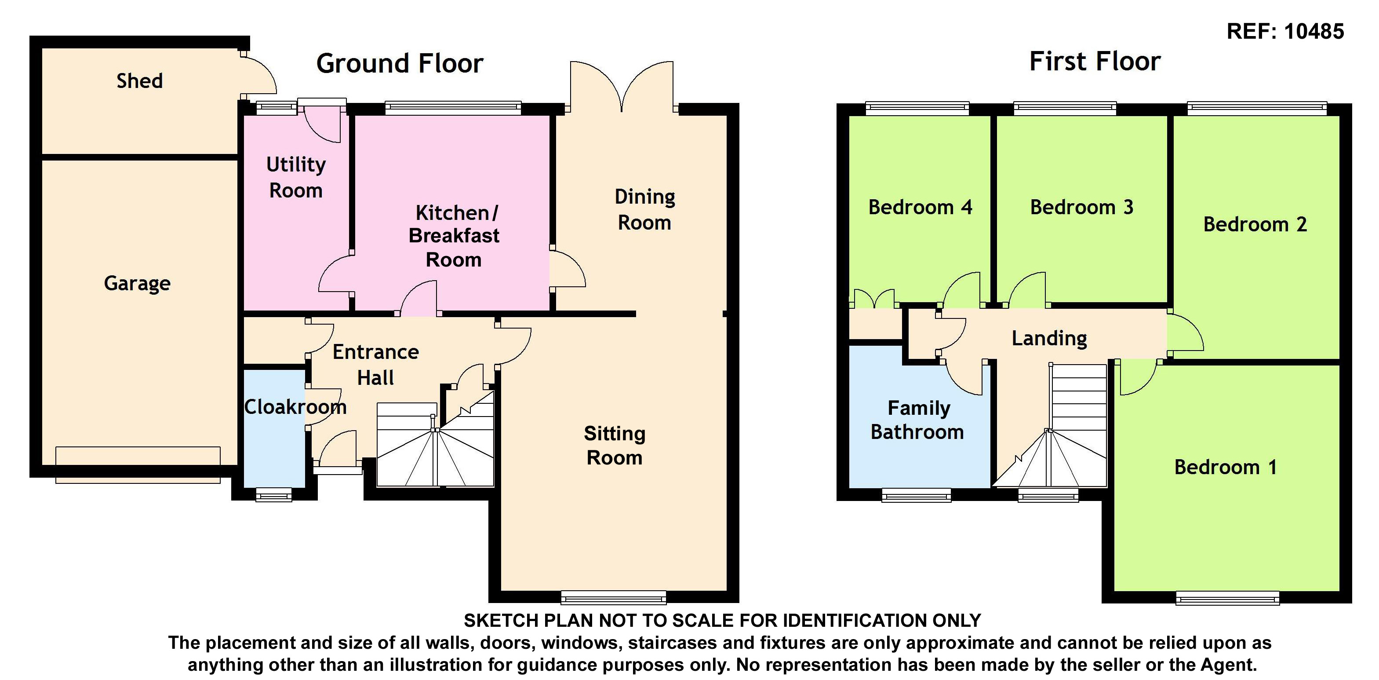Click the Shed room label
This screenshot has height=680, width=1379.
pyautogui.click(x=140, y=81)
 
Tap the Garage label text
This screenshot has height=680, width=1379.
pyautogui.click(x=137, y=283)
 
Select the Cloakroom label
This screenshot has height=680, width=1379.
pyautogui.click(x=295, y=407)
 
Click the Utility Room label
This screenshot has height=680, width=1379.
pyautogui.click(x=295, y=177)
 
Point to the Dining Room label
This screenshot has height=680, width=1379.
pyautogui.click(x=644, y=209)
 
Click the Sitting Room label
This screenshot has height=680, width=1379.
pyautogui.click(x=615, y=446)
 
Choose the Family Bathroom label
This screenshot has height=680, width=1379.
pyautogui.click(x=918, y=420)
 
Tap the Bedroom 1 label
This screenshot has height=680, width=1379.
pyautogui.click(x=1225, y=468)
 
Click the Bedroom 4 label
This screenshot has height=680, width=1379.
pyautogui.click(x=920, y=207)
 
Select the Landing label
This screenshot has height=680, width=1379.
pyautogui.click(x=1049, y=338)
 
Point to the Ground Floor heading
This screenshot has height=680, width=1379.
pyautogui.click(x=400, y=63)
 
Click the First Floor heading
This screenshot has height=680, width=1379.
pyautogui.click(x=1095, y=61)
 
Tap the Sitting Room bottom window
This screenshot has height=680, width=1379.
pyautogui.click(x=614, y=598)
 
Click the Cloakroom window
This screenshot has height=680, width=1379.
pyautogui.click(x=273, y=495)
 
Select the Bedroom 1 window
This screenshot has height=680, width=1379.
pyautogui.click(x=1227, y=598)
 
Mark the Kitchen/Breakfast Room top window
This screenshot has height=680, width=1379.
pyautogui.click(x=453, y=108)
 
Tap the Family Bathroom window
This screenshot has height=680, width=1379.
pyautogui.click(x=916, y=495)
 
